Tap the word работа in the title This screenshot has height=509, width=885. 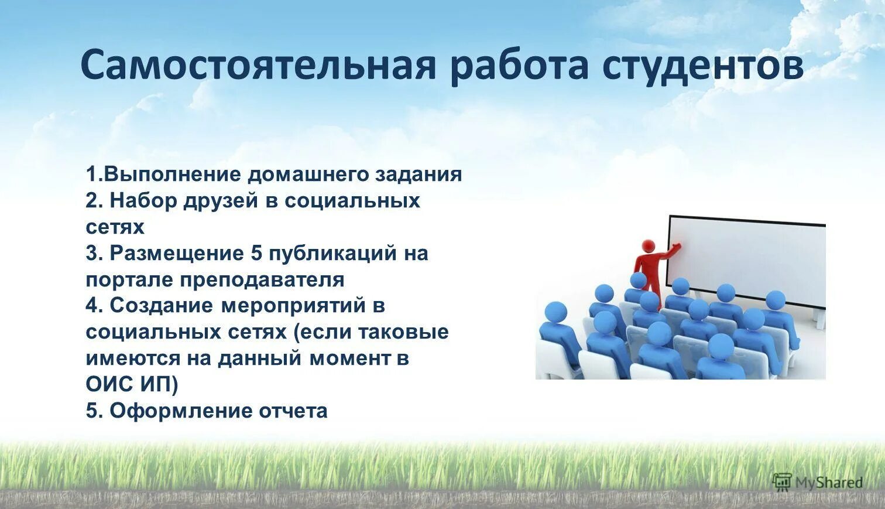click(519, 65)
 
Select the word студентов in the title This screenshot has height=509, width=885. click(703, 65)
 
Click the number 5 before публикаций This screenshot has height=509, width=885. click(256, 254)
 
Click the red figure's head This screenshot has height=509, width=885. click(648, 246)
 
